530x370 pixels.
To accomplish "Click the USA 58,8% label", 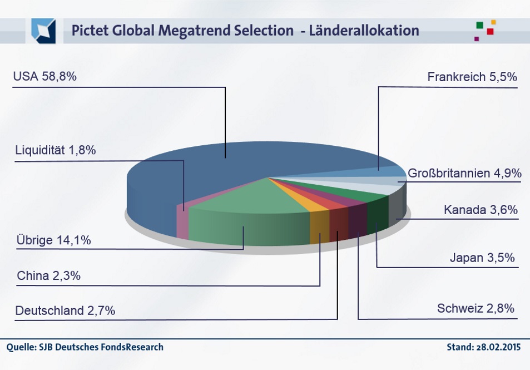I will pyautogui.click(x=44, y=77).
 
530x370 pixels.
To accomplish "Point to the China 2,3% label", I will pyautogui.click(x=49, y=275).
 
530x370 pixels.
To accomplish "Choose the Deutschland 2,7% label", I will pyautogui.click(x=65, y=310).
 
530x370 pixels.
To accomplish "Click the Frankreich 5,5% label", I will pyautogui.click(x=472, y=77).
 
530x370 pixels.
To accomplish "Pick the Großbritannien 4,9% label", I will pyautogui.click(x=464, y=174).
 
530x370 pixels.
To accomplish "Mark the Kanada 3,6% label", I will pyautogui.click(x=481, y=210).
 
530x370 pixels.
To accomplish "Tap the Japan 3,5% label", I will pyautogui.click(x=482, y=258).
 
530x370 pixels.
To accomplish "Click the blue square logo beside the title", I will pyautogui.click(x=43, y=31).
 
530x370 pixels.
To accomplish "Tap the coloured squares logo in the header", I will pyautogui.click(x=485, y=30).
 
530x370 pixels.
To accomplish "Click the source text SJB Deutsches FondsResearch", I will pyautogui.click(x=101, y=347).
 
